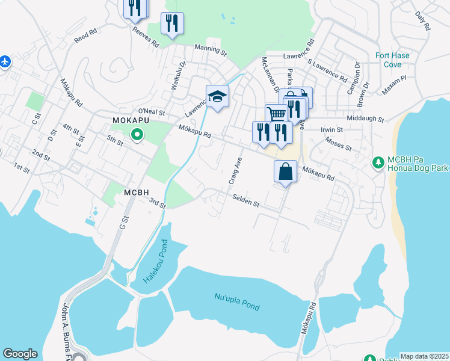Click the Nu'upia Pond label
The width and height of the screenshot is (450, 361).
[237, 301]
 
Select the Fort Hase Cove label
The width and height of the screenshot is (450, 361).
[392, 60]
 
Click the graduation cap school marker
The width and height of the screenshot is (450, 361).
[217, 96]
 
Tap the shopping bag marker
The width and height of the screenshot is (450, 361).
[286, 171]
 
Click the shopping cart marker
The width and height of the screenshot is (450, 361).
[276, 113]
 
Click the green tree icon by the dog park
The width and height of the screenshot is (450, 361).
[378, 162]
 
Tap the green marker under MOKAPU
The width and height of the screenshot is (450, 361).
[137, 135]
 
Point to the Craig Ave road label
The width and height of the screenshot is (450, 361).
[235, 171]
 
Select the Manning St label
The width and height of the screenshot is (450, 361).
[210, 50]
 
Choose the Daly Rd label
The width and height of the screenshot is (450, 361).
[423, 20]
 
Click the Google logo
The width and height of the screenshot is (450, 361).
[20, 354]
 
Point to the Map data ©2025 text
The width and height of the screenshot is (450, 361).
[424, 356]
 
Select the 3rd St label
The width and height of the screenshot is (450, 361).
[158, 204]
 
